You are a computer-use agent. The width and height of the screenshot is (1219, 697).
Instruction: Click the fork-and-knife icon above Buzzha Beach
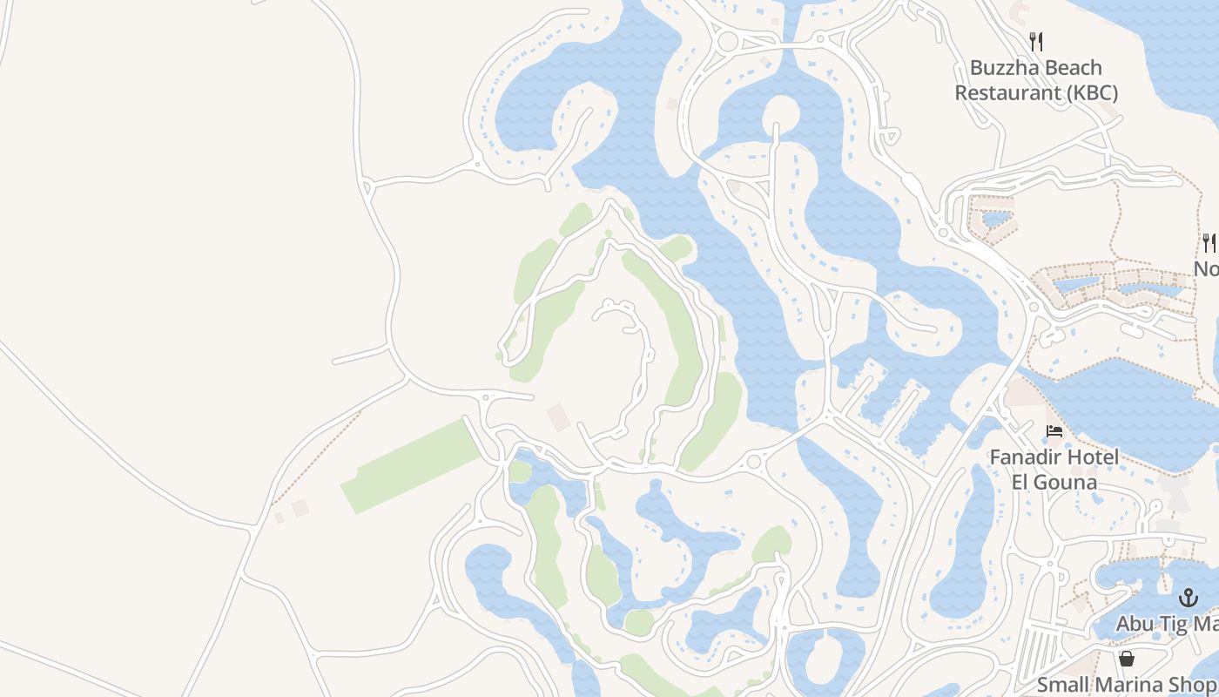[1036, 41]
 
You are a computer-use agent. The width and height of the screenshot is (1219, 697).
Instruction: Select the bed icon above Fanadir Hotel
[1054, 431]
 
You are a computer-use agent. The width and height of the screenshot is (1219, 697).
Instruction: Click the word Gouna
[1066, 481]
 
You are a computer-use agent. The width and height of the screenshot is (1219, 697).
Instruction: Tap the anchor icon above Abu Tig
[1189, 598]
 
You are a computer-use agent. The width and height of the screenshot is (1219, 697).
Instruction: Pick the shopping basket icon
[1127, 659]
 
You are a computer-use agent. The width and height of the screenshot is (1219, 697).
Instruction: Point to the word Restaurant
[1006, 92]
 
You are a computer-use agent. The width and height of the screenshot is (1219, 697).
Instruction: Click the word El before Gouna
[1022, 481]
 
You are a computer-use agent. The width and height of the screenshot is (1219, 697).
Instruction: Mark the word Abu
[1135, 624]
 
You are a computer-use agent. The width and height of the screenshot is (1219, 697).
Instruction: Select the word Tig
[1175, 624]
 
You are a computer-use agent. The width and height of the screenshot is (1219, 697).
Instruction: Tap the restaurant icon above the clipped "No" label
[1209, 242]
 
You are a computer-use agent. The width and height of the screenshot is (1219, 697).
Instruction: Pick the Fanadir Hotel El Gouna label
[1054, 469]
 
